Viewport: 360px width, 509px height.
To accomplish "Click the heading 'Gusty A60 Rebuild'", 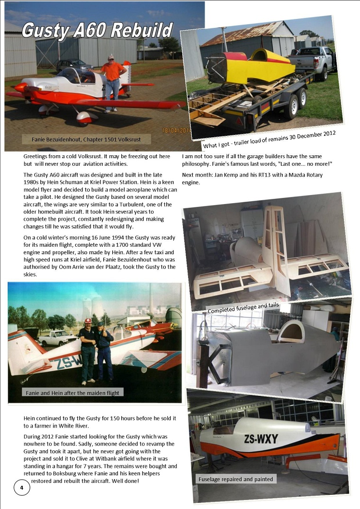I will click(97, 31).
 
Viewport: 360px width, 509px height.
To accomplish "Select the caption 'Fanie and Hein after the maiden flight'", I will click(73, 392).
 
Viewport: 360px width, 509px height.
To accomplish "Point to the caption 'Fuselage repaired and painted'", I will click(235, 479).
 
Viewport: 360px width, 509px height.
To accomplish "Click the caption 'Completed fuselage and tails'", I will click(243, 308).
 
